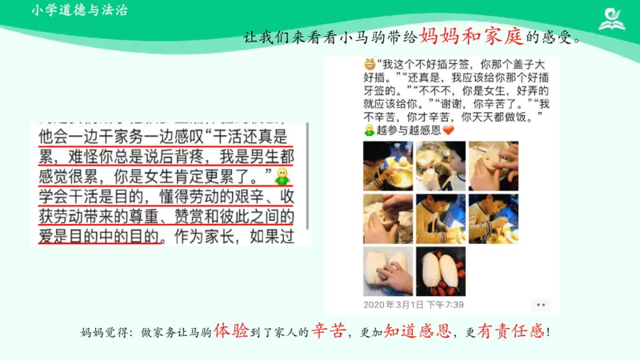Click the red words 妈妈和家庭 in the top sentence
(x=472, y=36)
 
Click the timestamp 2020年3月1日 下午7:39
(x=414, y=305)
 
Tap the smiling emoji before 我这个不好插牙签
(x=369, y=64)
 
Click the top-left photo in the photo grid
(x=388, y=166)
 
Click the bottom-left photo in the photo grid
(x=388, y=270)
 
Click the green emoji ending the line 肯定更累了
(x=281, y=174)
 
